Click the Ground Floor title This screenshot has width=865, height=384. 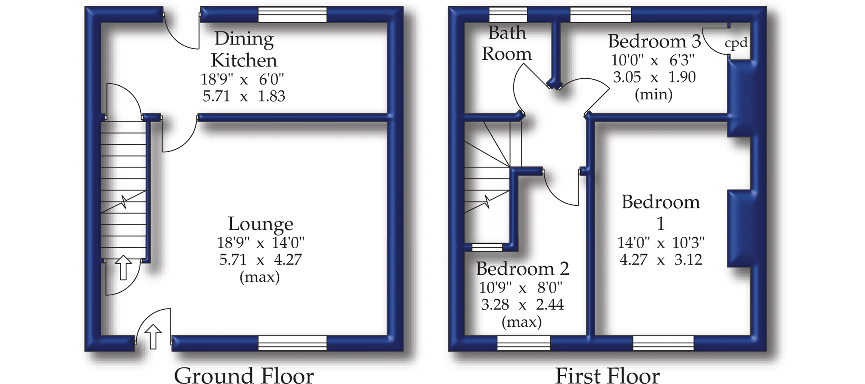click(x=244, y=375)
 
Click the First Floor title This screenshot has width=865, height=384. click(x=607, y=375)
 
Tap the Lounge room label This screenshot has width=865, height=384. click(x=260, y=224)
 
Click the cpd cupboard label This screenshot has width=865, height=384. click(x=736, y=43)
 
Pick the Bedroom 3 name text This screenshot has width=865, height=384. click(x=654, y=41)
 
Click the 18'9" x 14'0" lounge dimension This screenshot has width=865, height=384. click(x=260, y=243)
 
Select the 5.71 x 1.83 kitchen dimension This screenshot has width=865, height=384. click(x=244, y=96)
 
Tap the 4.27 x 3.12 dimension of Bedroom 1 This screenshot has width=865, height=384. click(x=661, y=260)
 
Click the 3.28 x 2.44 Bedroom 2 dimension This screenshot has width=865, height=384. click(x=522, y=304)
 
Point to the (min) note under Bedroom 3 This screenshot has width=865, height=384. click(x=653, y=95)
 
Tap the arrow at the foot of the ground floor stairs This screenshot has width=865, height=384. click(x=123, y=267)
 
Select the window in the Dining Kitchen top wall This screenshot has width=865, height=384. click(x=293, y=15)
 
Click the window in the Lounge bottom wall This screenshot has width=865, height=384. click(x=293, y=343)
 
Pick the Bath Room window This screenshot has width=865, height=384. click(x=508, y=15)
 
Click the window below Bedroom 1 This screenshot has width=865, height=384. click(x=663, y=343)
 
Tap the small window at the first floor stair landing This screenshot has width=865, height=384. click(x=487, y=247)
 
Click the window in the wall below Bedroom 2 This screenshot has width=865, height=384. click(x=524, y=343)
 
